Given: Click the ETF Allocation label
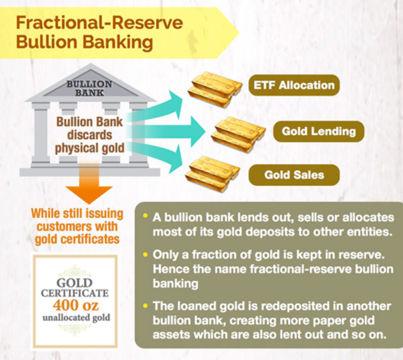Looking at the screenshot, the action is [294, 85].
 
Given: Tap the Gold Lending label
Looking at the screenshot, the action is [319, 131].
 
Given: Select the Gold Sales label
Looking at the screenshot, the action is [294, 175].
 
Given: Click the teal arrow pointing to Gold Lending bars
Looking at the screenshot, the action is [167, 132].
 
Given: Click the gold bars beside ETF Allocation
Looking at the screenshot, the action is [215, 89].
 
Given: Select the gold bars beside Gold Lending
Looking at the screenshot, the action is [238, 134].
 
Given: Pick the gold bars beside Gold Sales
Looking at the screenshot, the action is [213, 174].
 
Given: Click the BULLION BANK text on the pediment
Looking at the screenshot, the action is [89, 88].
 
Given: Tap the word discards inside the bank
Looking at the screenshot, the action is [89, 135].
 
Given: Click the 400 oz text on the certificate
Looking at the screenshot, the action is [76, 306].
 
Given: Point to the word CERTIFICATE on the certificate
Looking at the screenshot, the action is [75, 293].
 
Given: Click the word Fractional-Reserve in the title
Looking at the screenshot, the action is [100, 22].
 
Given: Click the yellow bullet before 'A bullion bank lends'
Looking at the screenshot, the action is [146, 216].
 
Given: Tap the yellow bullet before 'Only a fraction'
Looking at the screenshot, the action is [146, 255].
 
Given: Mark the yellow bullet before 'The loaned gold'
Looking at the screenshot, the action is [146, 306].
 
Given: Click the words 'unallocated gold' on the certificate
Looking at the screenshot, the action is [76, 318].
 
